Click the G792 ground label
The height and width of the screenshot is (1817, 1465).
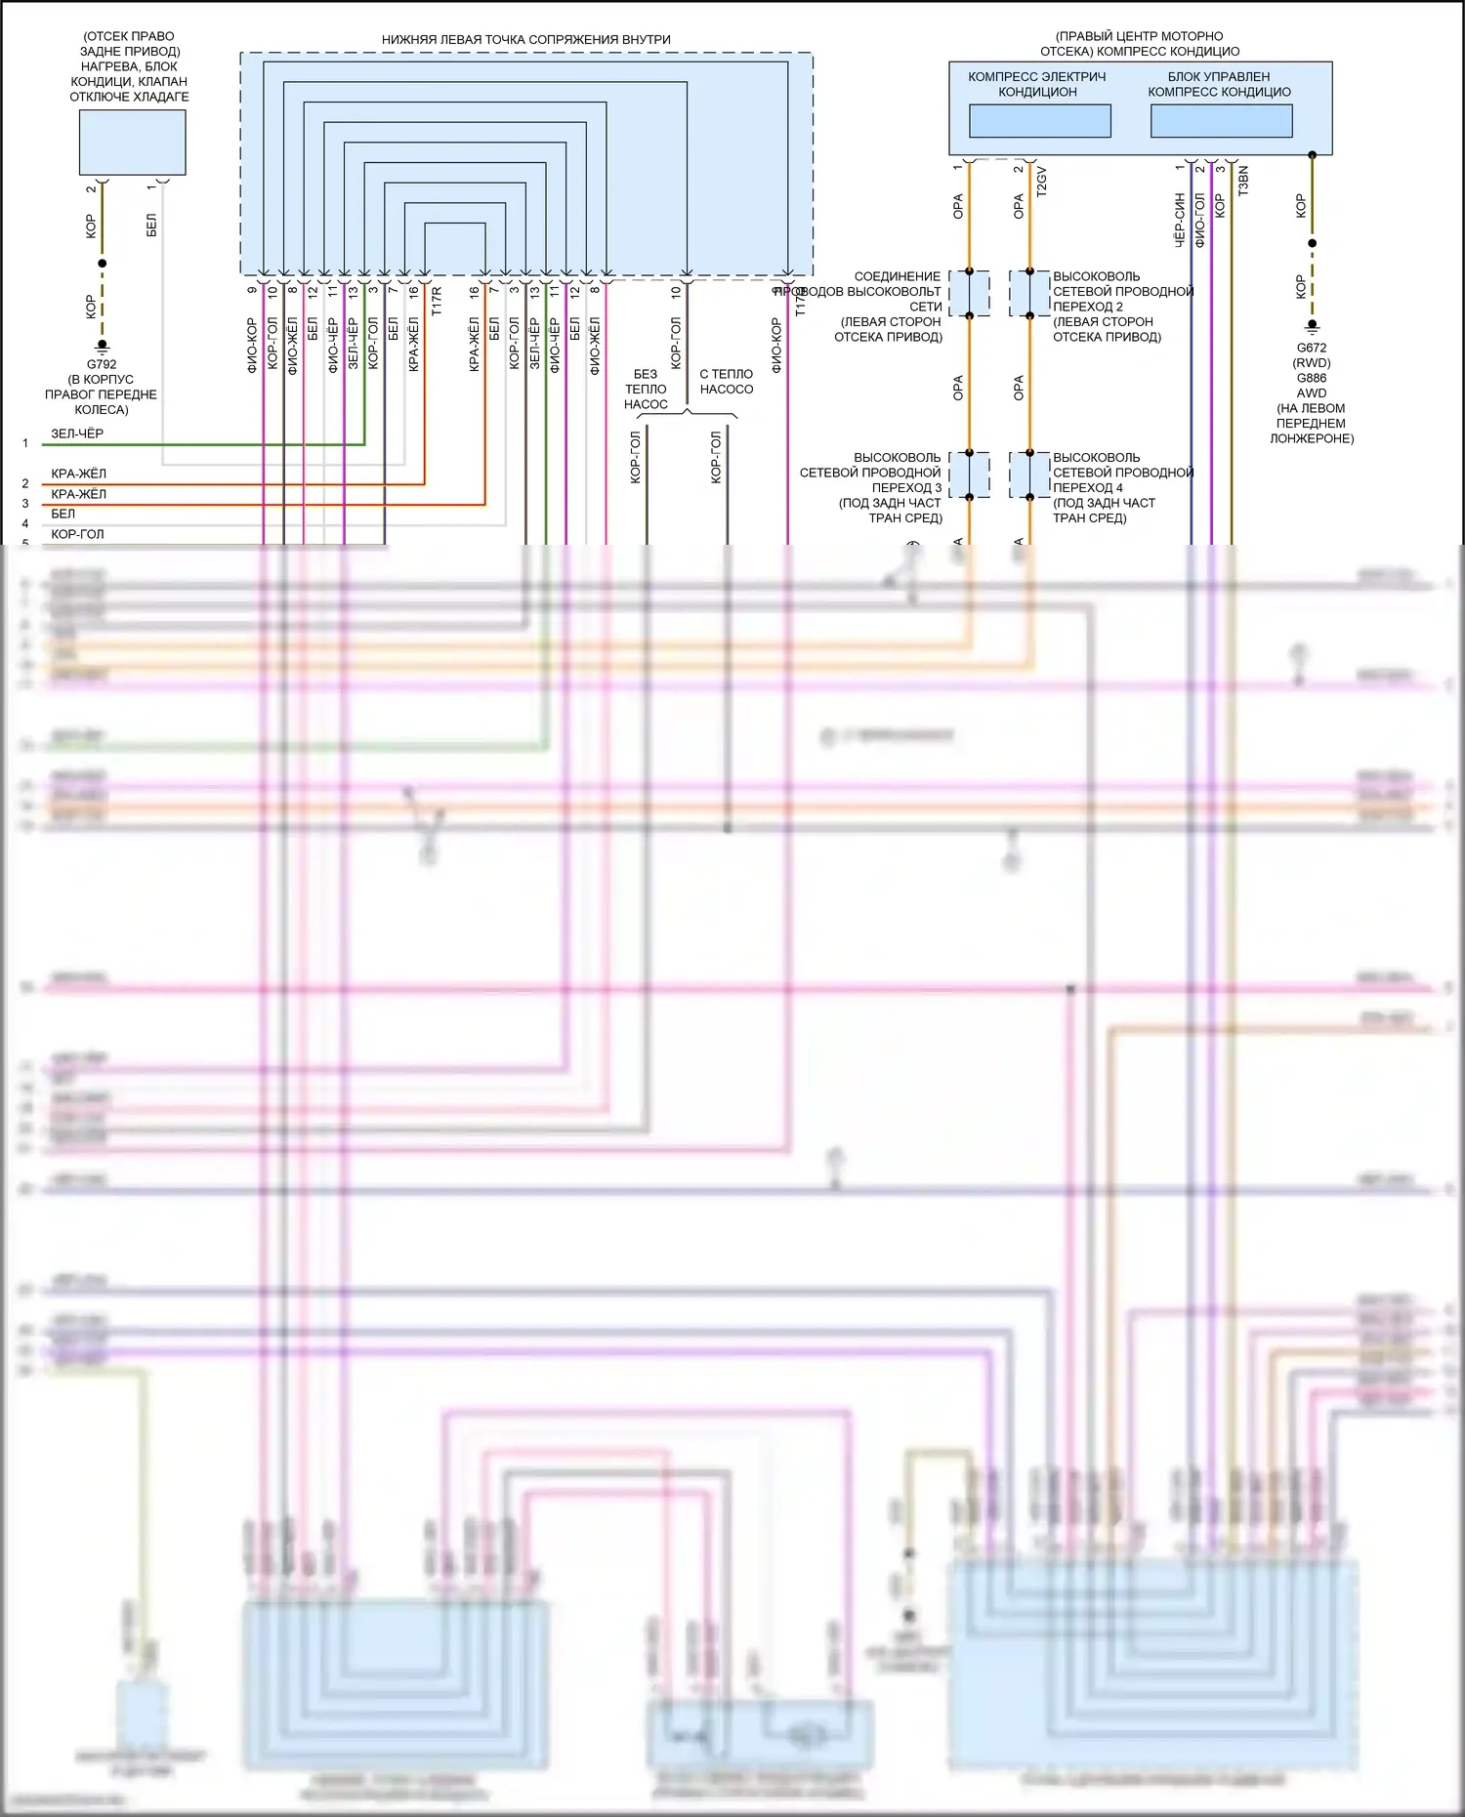[102, 364]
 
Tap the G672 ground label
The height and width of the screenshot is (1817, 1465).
[1311, 348]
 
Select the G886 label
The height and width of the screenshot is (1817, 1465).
[1311, 378]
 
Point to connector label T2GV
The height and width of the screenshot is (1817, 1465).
[1041, 182]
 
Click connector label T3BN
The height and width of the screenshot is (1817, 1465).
[1243, 181]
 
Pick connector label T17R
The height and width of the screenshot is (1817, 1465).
[437, 301]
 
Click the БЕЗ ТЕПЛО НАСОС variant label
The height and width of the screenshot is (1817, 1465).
[646, 389]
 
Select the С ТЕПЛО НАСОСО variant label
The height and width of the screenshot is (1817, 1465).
[727, 382]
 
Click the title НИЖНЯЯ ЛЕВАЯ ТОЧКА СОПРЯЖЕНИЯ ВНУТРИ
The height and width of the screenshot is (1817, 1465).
[525, 40]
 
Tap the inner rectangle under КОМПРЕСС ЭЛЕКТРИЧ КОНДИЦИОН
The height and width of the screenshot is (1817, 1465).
[1039, 121]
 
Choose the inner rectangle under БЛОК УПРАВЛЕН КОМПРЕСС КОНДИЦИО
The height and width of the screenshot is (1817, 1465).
[1221, 121]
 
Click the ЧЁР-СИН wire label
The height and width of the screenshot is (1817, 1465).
[1180, 220]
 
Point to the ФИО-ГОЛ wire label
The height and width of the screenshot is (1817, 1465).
[1200, 220]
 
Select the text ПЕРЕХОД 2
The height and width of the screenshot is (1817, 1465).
[1087, 307]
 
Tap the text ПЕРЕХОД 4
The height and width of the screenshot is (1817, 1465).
[1087, 487]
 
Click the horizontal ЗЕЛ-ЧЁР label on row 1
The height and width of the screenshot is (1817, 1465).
[77, 434]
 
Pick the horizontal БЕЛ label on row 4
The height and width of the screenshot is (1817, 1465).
[63, 514]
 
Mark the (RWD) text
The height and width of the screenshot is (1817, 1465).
[1311, 363]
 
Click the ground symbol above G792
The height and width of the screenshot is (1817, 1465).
[102, 345]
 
